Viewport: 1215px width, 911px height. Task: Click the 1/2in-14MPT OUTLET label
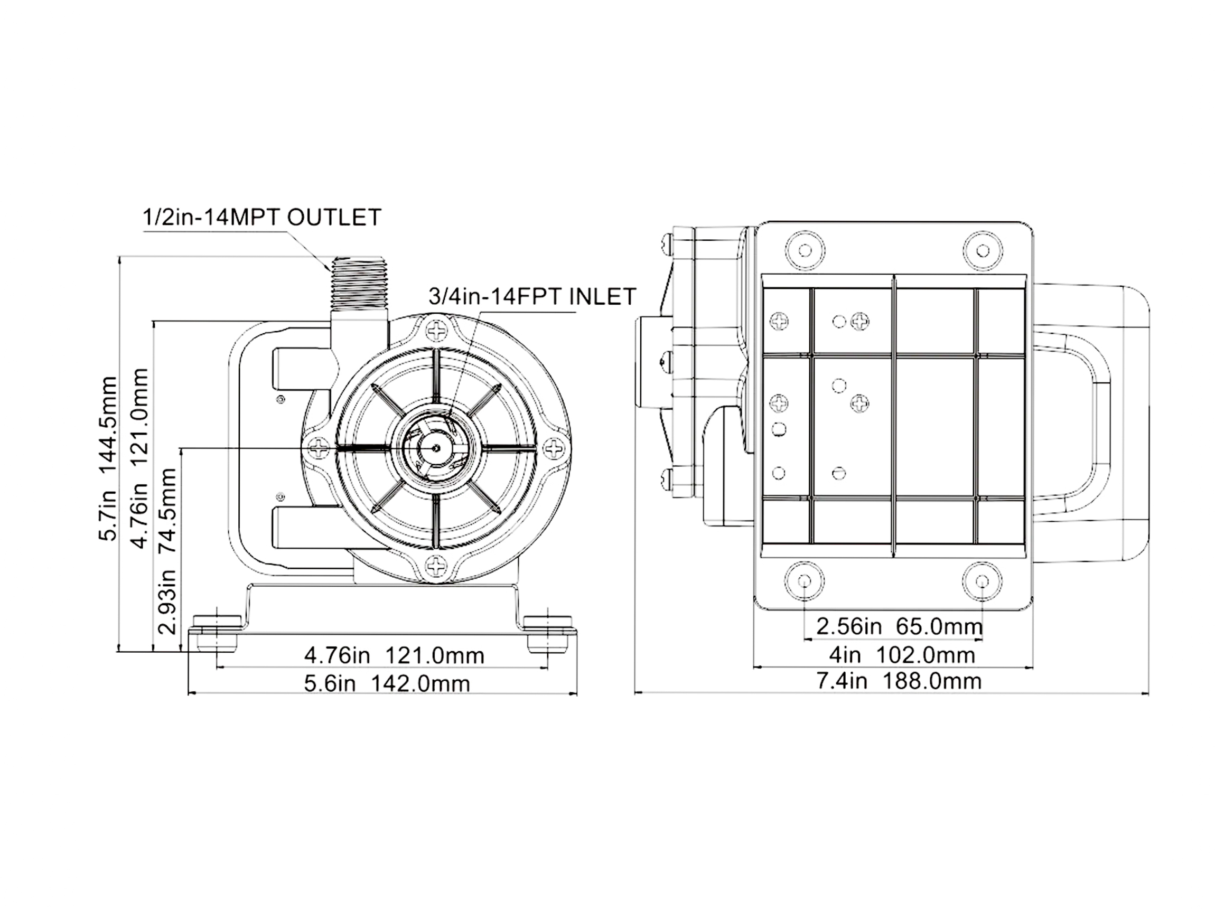[261, 218]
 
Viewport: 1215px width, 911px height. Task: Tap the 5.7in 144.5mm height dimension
[108, 458]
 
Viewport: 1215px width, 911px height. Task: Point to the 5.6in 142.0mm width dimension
[387, 684]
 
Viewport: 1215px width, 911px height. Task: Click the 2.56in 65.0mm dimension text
[899, 626]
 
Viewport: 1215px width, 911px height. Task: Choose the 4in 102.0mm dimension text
[902, 655]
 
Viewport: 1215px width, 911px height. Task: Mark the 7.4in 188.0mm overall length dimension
[899, 681]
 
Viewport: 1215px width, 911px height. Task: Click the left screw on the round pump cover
[319, 449]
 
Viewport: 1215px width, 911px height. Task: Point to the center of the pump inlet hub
[436, 447]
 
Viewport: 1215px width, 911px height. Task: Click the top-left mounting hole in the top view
[805, 251]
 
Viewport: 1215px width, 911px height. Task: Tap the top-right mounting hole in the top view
[983, 251]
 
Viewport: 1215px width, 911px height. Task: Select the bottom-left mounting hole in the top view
[805, 581]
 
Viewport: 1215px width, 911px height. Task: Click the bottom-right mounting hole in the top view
[983, 581]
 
